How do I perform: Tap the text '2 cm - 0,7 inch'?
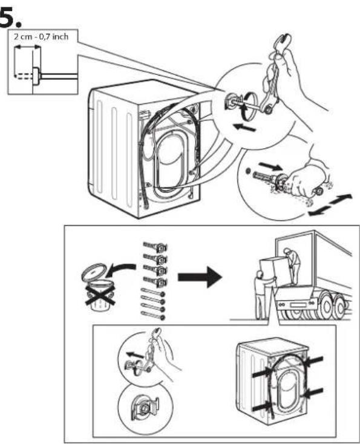(x=41, y=37)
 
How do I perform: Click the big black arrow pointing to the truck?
(x=200, y=277)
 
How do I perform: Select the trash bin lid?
(x=94, y=271)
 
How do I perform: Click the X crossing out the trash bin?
(x=100, y=295)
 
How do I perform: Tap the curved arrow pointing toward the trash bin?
(x=120, y=268)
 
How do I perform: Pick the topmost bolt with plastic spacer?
(x=155, y=247)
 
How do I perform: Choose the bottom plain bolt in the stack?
(x=152, y=315)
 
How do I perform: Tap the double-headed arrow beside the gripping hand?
(x=330, y=204)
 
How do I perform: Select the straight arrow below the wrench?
(x=244, y=127)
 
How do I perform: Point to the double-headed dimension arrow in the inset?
(x=27, y=48)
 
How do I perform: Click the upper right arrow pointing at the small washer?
(x=315, y=361)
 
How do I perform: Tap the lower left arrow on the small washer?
(x=261, y=407)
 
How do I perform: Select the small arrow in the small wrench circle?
(x=135, y=354)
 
